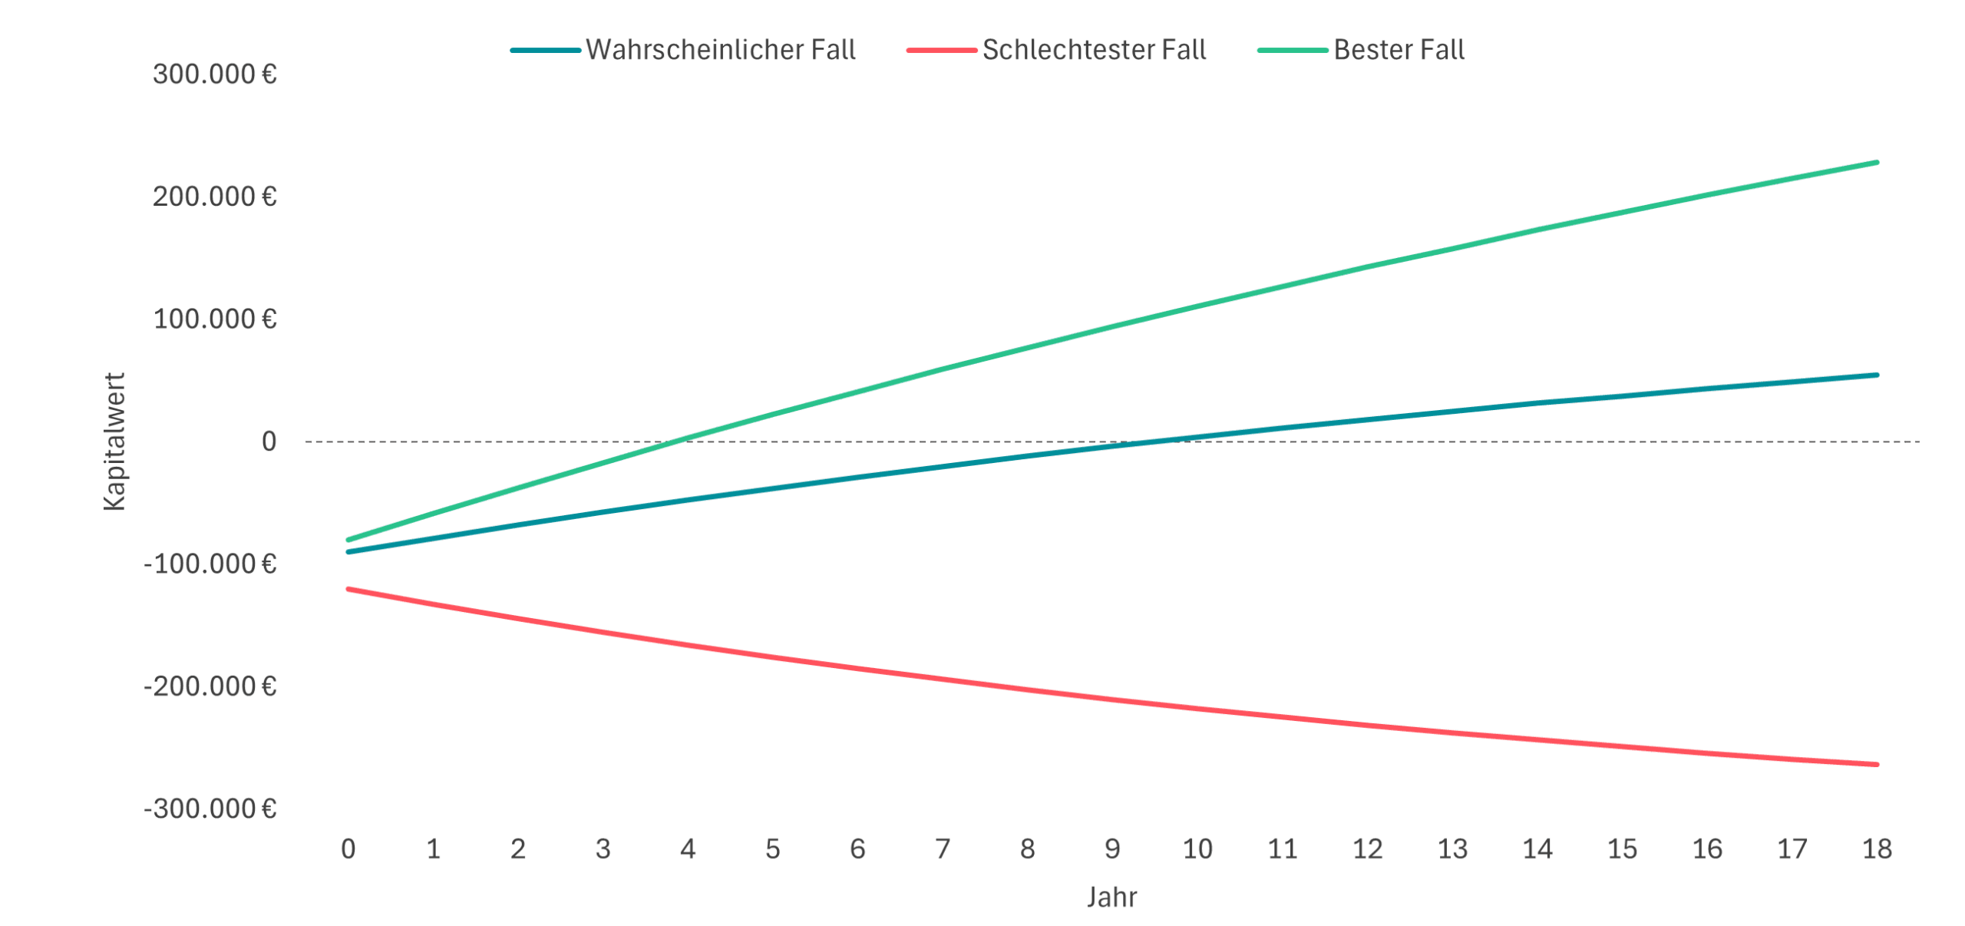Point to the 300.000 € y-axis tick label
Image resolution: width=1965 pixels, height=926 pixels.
click(215, 74)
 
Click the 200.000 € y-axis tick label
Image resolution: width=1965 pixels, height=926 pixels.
click(215, 197)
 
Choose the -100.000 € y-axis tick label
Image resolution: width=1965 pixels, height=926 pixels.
click(210, 564)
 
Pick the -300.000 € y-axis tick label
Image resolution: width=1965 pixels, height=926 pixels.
click(210, 809)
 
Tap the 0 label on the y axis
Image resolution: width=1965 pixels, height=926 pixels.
click(269, 442)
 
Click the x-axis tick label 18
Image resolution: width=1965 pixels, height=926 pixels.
click(1877, 849)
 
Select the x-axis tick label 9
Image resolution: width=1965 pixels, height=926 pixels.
click(1112, 849)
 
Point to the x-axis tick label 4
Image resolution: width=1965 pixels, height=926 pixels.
click(688, 849)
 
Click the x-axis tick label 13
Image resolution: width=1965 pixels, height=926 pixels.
click(1452, 849)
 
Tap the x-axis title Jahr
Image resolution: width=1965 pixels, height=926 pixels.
click(1111, 897)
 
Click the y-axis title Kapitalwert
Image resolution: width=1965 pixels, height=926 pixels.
click(114, 442)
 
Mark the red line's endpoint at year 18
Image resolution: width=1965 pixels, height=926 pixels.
click(1877, 765)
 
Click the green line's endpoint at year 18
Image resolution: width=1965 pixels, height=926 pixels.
click(1877, 162)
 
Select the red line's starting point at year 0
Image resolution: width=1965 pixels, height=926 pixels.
click(348, 589)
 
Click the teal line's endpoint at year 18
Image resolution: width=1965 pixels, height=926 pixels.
click(1877, 375)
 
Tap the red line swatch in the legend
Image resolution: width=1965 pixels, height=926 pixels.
click(941, 50)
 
